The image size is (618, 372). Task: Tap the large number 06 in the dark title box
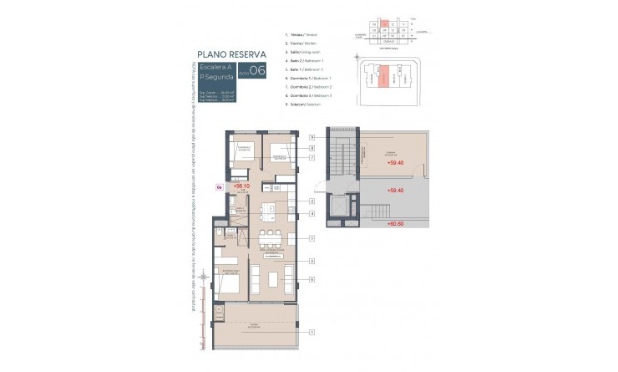click(x=257, y=71)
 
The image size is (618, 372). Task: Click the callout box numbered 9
click(x=311, y=136)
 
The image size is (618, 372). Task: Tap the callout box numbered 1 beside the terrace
click(x=311, y=332)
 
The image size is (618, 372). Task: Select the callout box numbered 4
click(x=311, y=214)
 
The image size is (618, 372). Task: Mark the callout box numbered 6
click(x=311, y=278)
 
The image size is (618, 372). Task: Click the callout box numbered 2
click(x=311, y=201)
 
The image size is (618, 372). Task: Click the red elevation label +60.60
click(x=395, y=224)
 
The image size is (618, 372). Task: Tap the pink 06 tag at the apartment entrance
click(x=219, y=187)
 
